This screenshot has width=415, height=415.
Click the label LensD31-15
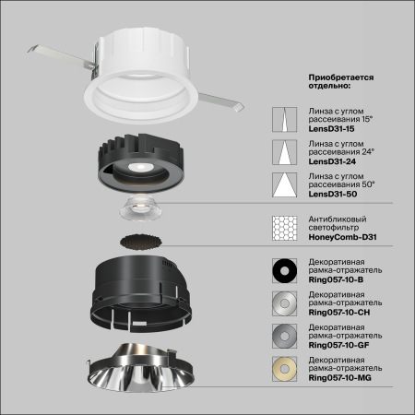click(330, 130)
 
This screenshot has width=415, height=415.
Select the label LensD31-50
click(330, 196)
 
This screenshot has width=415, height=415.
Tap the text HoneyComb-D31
click(341, 238)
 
